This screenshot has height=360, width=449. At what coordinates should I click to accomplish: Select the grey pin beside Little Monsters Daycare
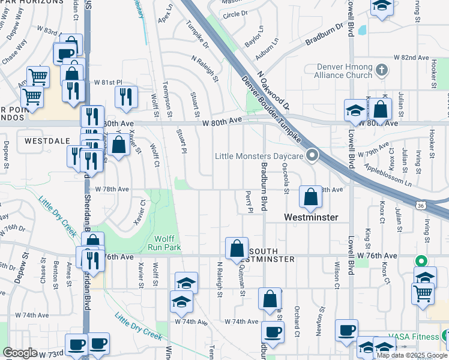312,156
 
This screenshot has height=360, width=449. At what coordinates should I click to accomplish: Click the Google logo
20,352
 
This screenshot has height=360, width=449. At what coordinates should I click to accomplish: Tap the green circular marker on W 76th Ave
421,262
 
